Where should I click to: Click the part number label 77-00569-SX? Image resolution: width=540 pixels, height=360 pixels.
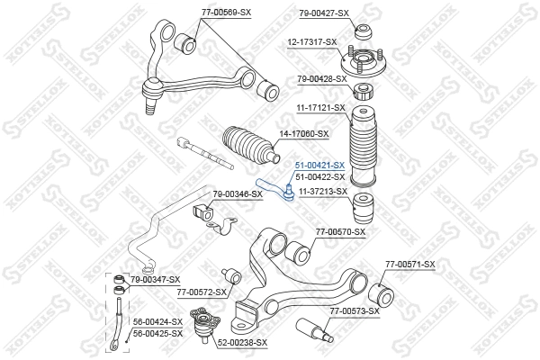tap(202, 12)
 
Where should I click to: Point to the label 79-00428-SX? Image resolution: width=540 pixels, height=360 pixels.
tap(321, 79)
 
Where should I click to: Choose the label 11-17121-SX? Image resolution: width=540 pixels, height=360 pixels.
tap(321, 108)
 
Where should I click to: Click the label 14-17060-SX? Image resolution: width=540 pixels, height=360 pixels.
tap(304, 134)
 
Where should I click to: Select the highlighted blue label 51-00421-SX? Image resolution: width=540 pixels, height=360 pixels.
tap(320, 166)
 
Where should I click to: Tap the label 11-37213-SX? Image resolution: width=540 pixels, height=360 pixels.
tap(322, 191)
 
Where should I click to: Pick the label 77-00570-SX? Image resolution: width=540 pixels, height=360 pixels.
tap(341, 232)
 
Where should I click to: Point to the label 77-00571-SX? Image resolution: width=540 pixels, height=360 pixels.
tap(409, 264)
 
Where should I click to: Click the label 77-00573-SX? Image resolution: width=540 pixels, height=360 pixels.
tap(353, 311)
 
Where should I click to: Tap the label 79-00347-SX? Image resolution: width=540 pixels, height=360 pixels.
tap(155, 281)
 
